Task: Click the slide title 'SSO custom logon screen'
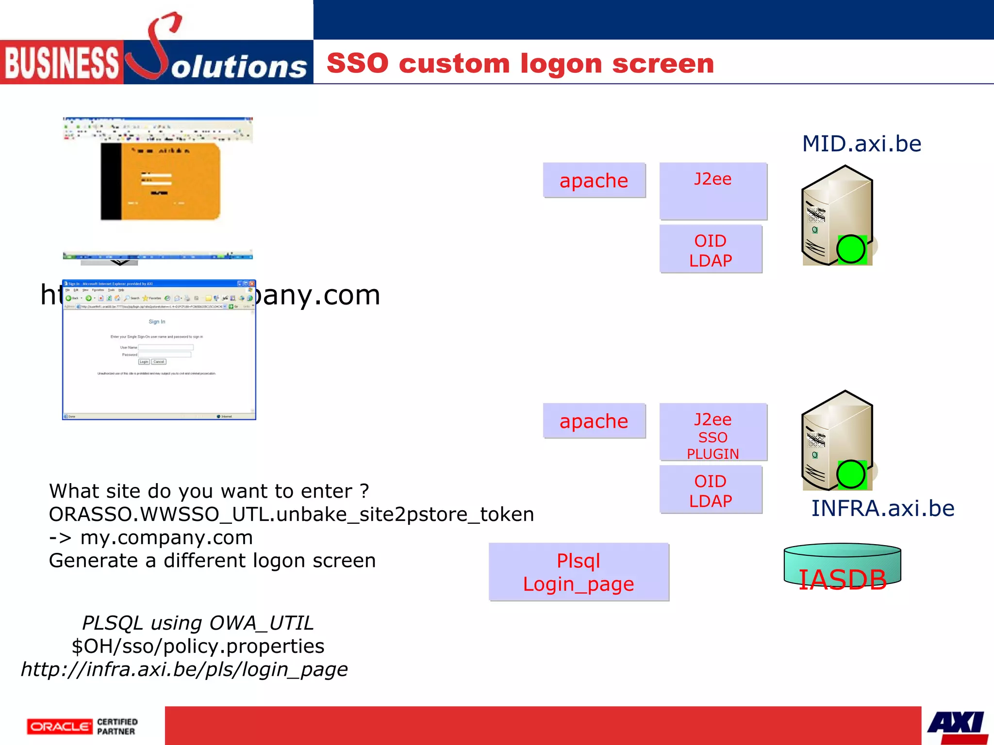coord(520,64)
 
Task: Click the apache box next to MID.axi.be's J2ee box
coord(594,180)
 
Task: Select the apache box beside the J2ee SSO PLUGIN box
coord(594,421)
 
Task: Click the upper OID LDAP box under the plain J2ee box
coord(710,250)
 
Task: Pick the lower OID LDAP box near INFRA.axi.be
coord(710,490)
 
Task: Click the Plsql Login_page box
coord(578,572)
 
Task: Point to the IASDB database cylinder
coord(842,567)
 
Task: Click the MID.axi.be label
coord(861,144)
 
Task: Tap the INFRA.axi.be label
coord(882,508)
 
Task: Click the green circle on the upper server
coord(850,249)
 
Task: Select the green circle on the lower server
coord(850,474)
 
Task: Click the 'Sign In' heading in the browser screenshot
coord(157,322)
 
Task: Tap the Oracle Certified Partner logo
coord(83,727)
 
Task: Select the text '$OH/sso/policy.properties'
coord(198,646)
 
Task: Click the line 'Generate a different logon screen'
coord(212,561)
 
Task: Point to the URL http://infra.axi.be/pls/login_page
coord(184,669)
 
